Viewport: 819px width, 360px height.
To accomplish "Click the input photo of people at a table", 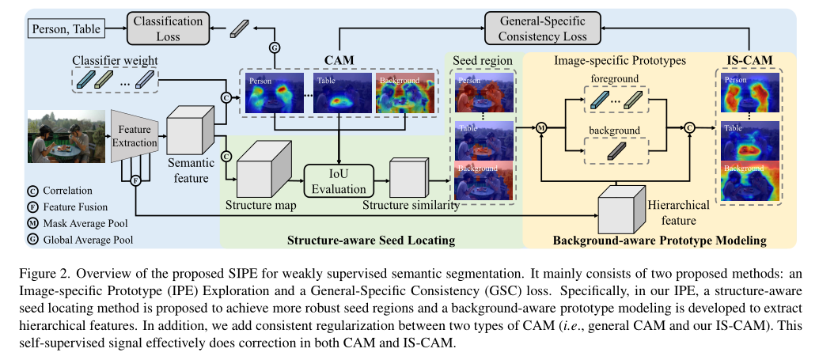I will (x=66, y=136).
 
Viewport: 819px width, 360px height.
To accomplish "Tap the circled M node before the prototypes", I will (x=542, y=127).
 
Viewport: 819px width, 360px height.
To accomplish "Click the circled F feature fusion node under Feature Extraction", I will (x=135, y=180).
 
